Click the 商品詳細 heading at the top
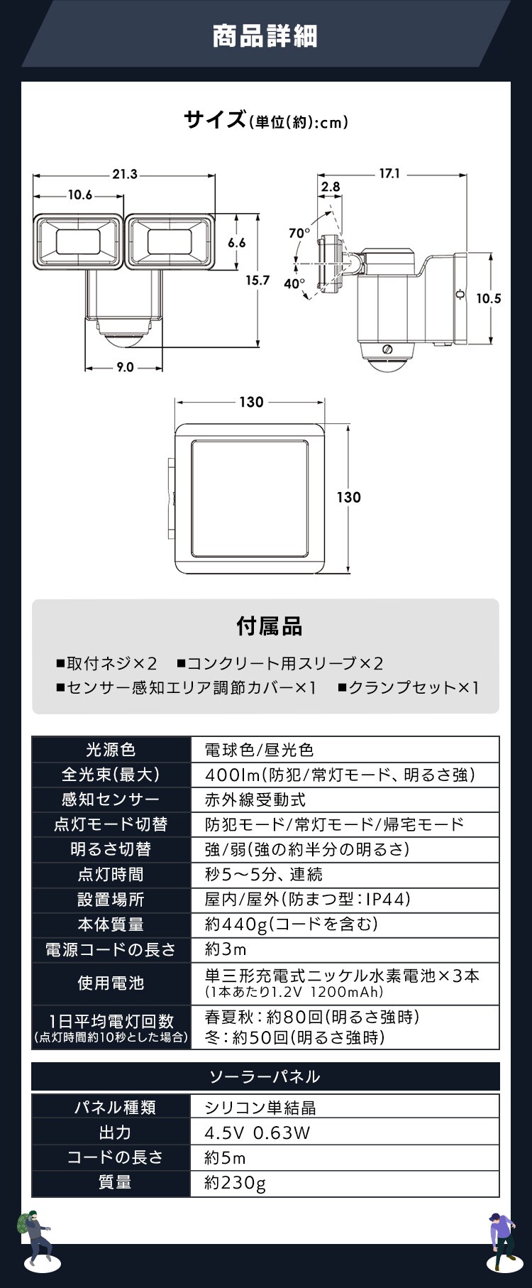pyautogui.click(x=265, y=36)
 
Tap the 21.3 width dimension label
pyautogui.click(x=124, y=174)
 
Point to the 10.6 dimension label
pyautogui.click(x=80, y=195)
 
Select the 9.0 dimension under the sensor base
pyautogui.click(x=125, y=367)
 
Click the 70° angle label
pyautogui.click(x=299, y=233)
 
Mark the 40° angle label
pyautogui.click(x=294, y=283)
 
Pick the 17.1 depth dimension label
pyautogui.click(x=389, y=173)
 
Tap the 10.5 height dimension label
pyautogui.click(x=488, y=298)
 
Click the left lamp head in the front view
pyautogui.click(x=78, y=242)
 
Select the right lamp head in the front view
pyautogui.click(x=169, y=242)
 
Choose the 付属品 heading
pyautogui.click(x=269, y=626)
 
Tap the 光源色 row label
pyautogui.click(x=111, y=750)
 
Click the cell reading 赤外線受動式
pyautogui.click(x=255, y=799)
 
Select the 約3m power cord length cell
pyautogui.click(x=226, y=949)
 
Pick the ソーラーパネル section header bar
pyautogui.click(x=265, y=1076)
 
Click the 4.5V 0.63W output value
pyautogui.click(x=257, y=1132)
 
